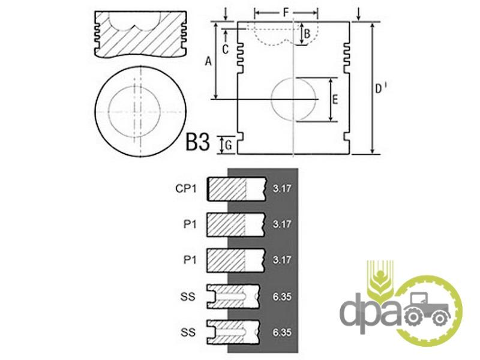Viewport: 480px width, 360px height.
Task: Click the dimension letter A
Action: (x=208, y=62)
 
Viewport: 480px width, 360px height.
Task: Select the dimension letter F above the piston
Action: (x=286, y=13)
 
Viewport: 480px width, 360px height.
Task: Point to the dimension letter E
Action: (x=335, y=100)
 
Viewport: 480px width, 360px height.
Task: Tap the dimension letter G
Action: (x=229, y=145)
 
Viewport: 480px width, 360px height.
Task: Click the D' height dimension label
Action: (x=380, y=88)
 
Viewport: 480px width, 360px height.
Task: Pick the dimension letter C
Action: (x=226, y=49)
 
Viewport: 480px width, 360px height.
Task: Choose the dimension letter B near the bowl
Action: (x=307, y=34)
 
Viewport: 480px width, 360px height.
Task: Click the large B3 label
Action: (x=198, y=142)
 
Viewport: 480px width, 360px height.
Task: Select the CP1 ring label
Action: (x=186, y=188)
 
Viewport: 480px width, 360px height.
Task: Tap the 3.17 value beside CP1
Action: (x=282, y=188)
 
